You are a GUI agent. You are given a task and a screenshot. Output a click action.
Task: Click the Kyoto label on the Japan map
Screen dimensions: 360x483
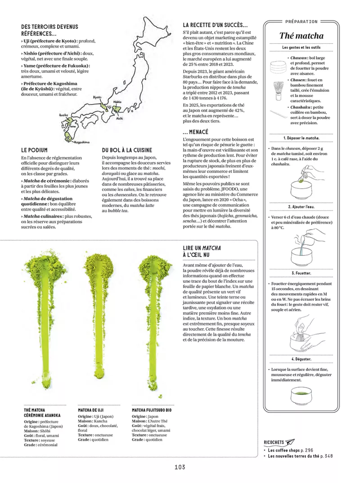[x=97, y=97]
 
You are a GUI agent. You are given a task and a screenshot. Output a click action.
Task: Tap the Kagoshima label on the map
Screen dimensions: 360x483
[x=82, y=142]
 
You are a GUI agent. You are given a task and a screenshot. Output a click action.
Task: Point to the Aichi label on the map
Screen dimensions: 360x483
[x=120, y=118]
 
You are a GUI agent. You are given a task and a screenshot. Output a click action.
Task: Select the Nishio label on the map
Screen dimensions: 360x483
[x=117, y=102]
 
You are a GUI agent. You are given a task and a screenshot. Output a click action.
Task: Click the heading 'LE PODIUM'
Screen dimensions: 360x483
[x=34, y=150]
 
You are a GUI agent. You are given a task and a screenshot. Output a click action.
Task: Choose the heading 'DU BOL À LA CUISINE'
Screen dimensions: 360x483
[x=127, y=150]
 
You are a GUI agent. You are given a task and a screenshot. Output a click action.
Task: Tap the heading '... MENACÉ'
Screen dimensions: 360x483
[x=196, y=132]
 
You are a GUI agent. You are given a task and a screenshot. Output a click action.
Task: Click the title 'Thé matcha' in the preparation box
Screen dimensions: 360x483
[x=301, y=36]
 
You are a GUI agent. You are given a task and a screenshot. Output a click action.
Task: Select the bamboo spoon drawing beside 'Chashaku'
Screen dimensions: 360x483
[x=279, y=114]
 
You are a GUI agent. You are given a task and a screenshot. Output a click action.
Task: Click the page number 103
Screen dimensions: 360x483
[x=180, y=467]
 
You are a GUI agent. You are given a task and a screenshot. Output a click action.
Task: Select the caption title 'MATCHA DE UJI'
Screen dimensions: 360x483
[x=90, y=410]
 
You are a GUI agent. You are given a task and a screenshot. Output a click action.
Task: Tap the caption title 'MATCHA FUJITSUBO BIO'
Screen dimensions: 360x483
[x=152, y=410]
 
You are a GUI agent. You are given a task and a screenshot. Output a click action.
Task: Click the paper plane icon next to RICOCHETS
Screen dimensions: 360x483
[x=290, y=442]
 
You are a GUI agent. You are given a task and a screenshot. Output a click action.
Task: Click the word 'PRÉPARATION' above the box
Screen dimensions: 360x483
[x=301, y=22]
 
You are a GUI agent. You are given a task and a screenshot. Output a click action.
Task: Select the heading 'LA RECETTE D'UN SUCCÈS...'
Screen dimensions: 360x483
[x=215, y=25]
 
